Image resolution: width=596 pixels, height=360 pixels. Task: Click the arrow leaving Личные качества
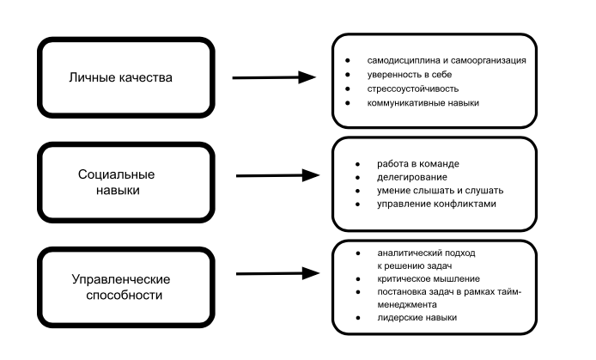[275, 77]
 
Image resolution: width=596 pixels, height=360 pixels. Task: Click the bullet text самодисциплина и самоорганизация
[452, 61]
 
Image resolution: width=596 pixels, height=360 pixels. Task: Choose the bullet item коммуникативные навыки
[422, 103]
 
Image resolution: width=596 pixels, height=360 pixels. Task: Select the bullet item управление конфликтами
[430, 204]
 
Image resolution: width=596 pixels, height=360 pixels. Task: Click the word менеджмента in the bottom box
[407, 305]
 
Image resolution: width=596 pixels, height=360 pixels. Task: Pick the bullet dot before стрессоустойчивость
[347, 88]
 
